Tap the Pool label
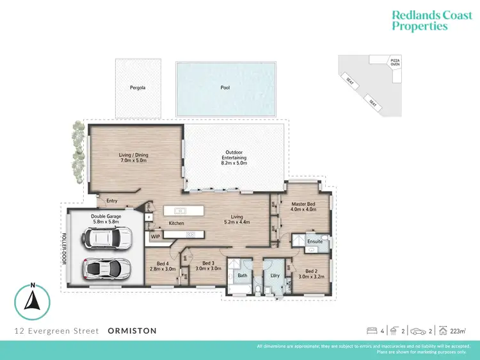[225, 87]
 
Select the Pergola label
[138, 87]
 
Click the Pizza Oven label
[396, 62]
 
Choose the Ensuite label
[314, 241]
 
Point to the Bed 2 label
[312, 272]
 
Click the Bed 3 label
[208, 263]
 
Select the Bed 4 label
[163, 263]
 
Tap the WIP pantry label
[156, 236]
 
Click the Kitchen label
[177, 224]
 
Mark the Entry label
[112, 200]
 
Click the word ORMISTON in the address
[132, 331]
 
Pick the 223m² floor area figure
[456, 331]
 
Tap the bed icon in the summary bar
[371, 331]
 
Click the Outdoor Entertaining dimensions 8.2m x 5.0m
[234, 163]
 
